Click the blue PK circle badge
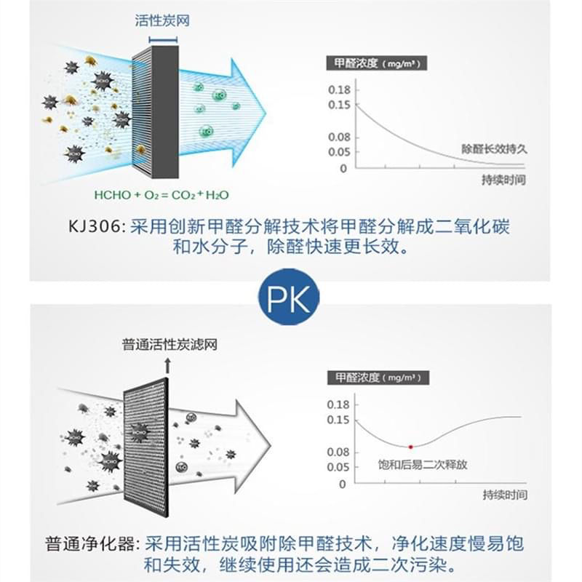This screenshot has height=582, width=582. coord(289,297)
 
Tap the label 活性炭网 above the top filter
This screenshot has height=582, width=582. coord(162,21)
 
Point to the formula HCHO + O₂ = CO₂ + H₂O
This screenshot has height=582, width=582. coord(162,195)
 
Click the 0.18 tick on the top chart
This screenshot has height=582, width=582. coord(340,89)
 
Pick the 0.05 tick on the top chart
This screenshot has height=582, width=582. coord(340,151)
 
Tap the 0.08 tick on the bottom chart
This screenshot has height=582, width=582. coord(339,452)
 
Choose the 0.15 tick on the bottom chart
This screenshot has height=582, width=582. coord(339,420)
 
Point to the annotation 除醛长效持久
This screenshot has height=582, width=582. coord(494,148)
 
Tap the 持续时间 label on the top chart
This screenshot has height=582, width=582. coord(503,180)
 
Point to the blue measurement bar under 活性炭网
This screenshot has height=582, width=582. coord(162,39)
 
